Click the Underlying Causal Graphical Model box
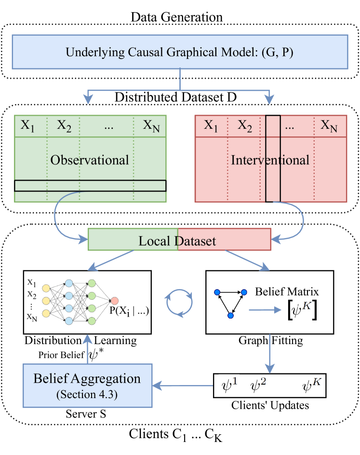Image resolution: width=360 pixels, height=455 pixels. coord(180,51)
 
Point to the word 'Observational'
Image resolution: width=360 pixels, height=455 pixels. coord(90,160)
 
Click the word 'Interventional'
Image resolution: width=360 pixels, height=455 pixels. coord(270,160)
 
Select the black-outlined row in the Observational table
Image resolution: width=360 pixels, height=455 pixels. coord(90,186)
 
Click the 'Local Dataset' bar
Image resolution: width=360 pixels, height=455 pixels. coord(180,240)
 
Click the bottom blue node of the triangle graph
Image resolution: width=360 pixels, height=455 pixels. coord(230,315)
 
